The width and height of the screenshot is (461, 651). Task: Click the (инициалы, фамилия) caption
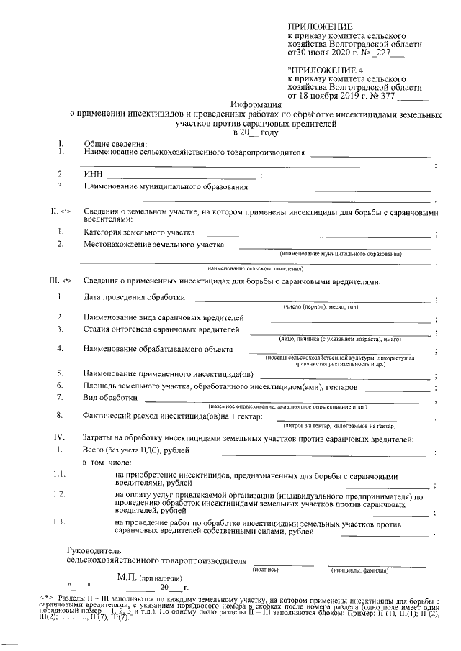pyautogui.click(x=359, y=570)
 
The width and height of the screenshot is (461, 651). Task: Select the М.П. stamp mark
pyautogui.click(x=127, y=577)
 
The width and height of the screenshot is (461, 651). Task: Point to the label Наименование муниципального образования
pyautogui.click(x=166, y=187)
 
